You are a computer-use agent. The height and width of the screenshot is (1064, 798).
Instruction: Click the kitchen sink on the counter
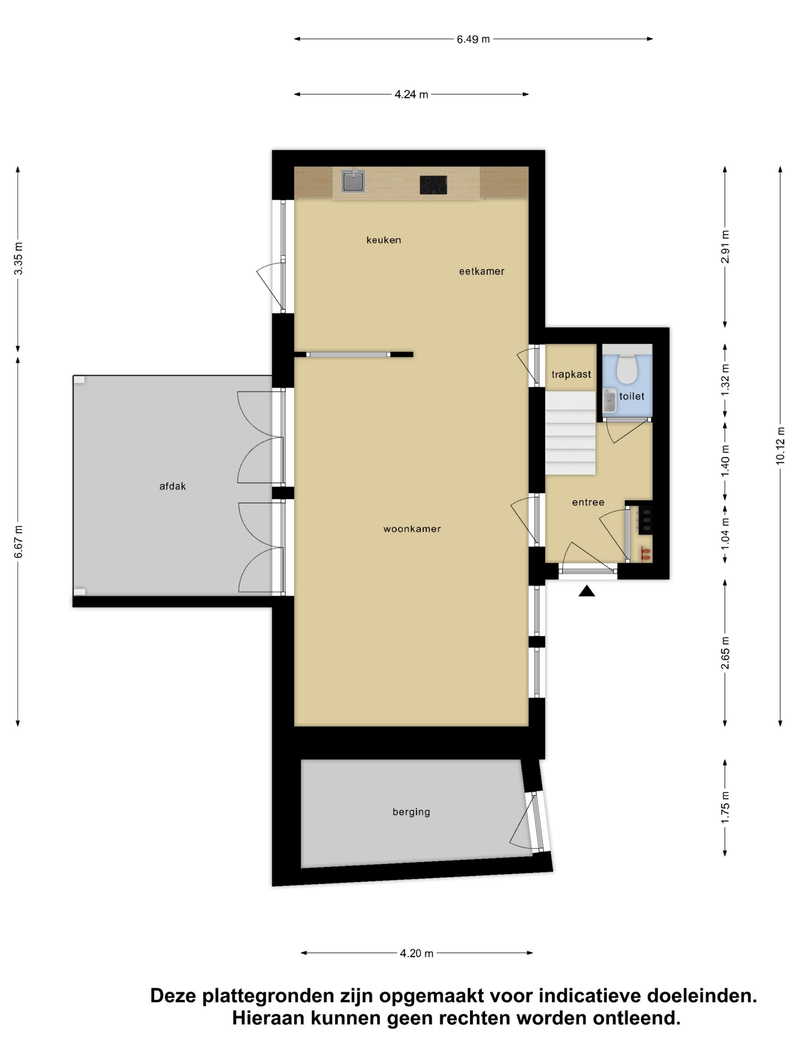click(353, 180)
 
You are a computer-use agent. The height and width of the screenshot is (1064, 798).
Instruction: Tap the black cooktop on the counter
click(433, 185)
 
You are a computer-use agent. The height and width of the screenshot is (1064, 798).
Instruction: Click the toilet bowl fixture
click(626, 369)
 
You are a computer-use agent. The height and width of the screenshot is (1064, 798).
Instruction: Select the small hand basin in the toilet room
click(610, 401)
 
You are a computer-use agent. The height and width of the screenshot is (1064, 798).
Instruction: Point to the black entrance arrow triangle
click(586, 591)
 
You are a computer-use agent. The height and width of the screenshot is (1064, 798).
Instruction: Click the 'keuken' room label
click(383, 240)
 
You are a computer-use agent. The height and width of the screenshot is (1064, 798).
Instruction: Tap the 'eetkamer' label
click(481, 271)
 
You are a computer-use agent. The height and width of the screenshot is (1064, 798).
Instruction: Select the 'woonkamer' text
click(412, 529)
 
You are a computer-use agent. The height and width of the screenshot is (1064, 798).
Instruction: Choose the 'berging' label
click(411, 812)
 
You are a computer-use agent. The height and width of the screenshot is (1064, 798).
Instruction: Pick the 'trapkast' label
click(571, 374)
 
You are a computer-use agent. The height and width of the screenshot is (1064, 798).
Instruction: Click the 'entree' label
click(588, 502)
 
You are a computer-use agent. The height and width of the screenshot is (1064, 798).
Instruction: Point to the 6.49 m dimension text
click(473, 39)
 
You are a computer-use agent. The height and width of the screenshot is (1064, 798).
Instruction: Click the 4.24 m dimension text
click(411, 94)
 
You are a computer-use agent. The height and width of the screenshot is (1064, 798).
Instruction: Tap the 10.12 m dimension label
click(780, 445)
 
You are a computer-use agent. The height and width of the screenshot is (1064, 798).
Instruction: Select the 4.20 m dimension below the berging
click(416, 953)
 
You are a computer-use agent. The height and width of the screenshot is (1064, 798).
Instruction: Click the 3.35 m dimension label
click(18, 258)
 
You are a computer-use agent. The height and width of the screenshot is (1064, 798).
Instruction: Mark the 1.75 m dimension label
click(725, 807)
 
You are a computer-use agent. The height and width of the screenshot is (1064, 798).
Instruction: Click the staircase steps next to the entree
click(570, 433)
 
